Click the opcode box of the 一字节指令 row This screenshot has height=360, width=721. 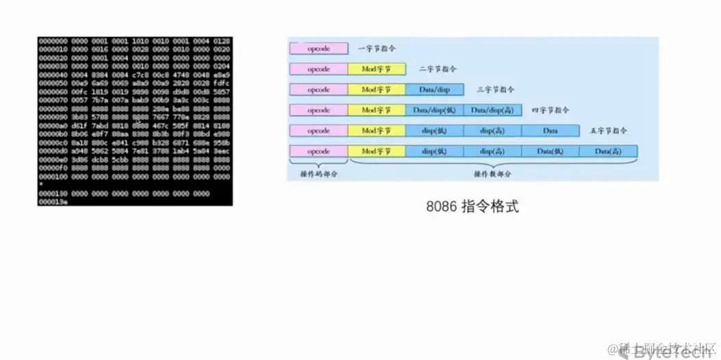pyautogui.click(x=318, y=49)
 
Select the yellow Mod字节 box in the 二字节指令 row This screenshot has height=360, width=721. pyautogui.click(x=377, y=69)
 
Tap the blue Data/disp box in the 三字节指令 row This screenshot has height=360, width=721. pyautogui.click(x=434, y=90)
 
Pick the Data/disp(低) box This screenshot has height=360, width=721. pyautogui.click(x=434, y=110)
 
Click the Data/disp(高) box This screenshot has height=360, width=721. pyautogui.click(x=492, y=110)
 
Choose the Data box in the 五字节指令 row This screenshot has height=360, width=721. pyautogui.click(x=550, y=131)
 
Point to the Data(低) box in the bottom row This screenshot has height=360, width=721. pyautogui.click(x=550, y=151)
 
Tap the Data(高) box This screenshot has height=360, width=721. pyautogui.click(x=608, y=151)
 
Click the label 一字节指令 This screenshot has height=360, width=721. pyautogui.click(x=377, y=49)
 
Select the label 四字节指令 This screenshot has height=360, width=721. pyautogui.click(x=551, y=110)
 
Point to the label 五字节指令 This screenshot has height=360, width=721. pyautogui.click(x=609, y=131)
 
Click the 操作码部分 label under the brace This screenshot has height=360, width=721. pyautogui.click(x=318, y=174)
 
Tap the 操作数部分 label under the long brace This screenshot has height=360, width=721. pyautogui.click(x=492, y=174)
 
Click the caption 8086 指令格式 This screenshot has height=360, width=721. pyautogui.click(x=473, y=206)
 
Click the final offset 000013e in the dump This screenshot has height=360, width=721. pyautogui.click(x=53, y=202)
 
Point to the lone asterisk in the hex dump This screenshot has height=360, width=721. pyautogui.click(x=41, y=185)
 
